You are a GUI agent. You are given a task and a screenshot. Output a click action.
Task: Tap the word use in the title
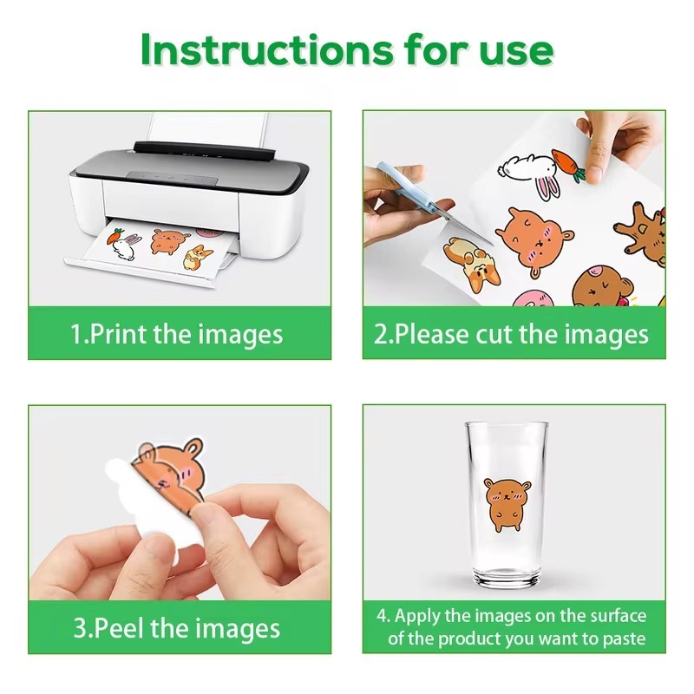coord(516,53)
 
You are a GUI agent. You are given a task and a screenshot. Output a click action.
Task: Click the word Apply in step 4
coord(418,617)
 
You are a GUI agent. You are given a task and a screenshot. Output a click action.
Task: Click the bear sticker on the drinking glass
coord(507,504)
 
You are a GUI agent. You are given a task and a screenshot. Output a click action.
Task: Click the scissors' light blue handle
coord(402,182)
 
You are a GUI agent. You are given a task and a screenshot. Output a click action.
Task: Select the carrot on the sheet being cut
coord(569,165)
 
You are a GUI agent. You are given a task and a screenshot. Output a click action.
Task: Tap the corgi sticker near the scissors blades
coord(472,264)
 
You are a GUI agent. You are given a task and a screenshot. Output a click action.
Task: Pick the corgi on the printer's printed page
coord(198,257)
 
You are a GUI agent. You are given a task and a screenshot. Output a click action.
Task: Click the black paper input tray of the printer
coord(205,151)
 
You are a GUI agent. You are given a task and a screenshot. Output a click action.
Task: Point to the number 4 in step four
coord(381,617)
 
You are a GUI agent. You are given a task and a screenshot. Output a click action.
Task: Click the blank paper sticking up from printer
coord(208,128)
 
